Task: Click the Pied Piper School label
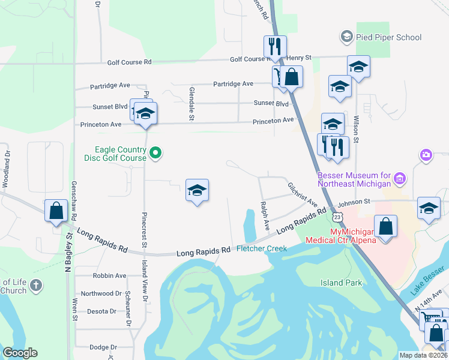388,37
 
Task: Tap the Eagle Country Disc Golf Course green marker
155,154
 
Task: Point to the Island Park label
340,283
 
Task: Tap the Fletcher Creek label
262,248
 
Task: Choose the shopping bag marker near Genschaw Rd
56,211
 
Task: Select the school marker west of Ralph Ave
197,190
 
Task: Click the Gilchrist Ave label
301,193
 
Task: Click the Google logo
19,353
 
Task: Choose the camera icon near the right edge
426,156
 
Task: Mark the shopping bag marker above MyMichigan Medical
387,226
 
